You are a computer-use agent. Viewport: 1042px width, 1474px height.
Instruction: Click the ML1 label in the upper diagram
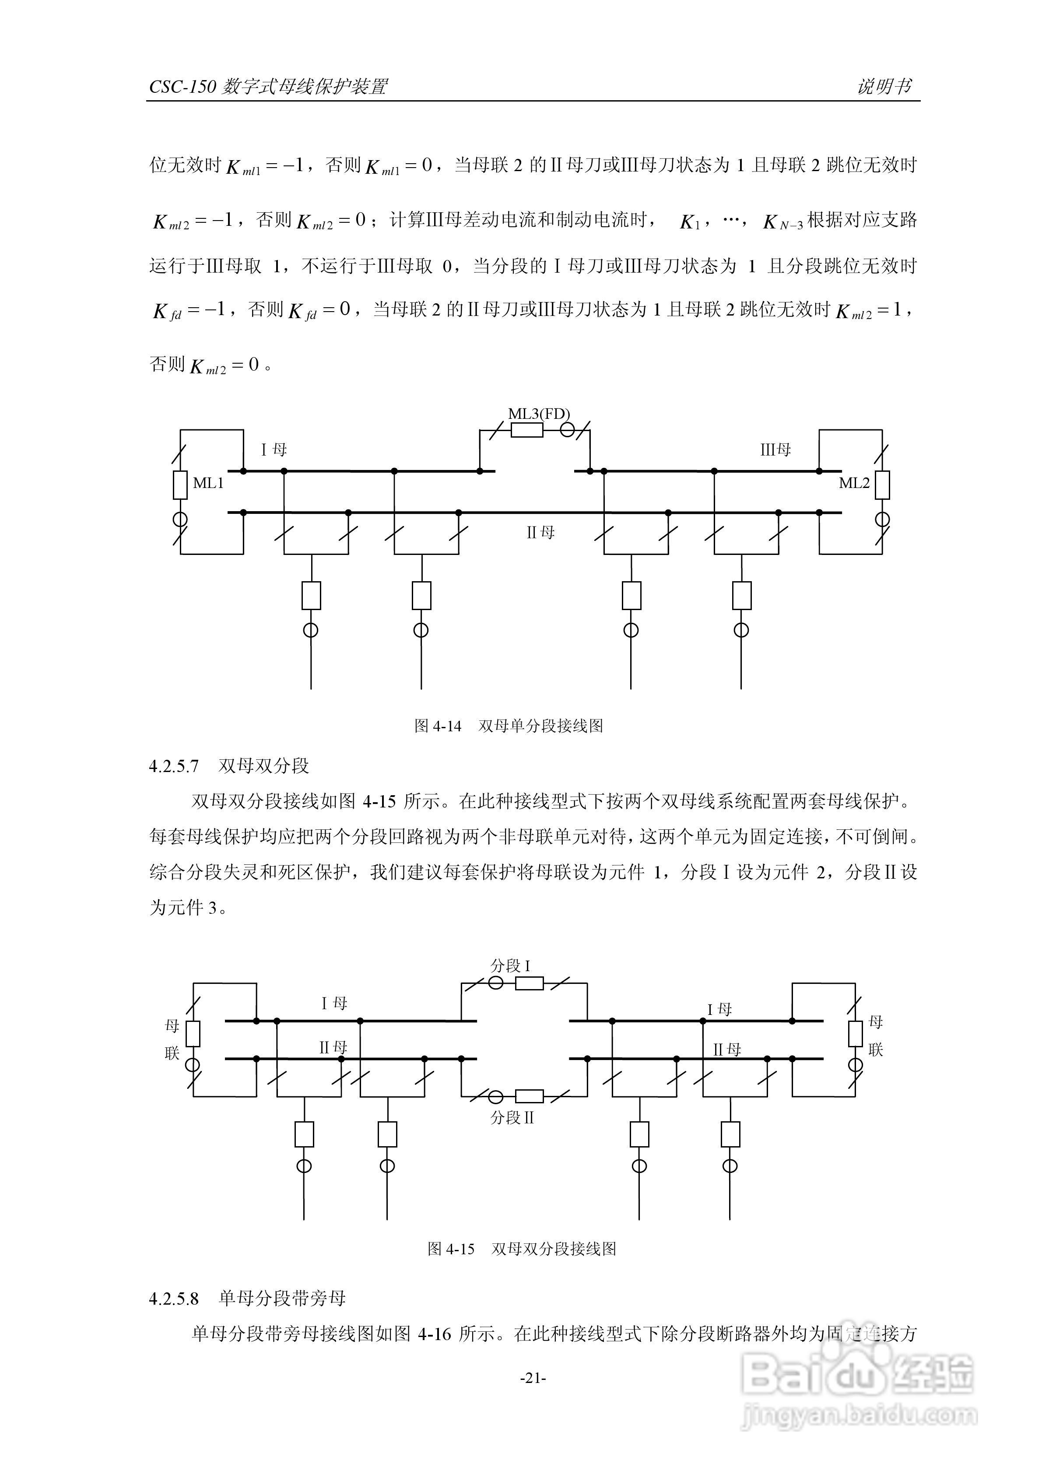[208, 483]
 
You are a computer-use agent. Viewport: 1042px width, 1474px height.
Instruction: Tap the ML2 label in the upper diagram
[854, 483]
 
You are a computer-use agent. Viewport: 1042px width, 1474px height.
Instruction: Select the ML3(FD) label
[539, 414]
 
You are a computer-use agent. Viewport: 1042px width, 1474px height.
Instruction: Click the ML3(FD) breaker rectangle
[526, 429]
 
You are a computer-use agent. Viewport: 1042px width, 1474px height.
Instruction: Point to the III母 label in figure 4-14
[775, 449]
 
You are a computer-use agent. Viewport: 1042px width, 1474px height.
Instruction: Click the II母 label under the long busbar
[540, 532]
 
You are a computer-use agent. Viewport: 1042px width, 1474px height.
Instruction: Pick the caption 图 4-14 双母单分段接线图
[509, 726]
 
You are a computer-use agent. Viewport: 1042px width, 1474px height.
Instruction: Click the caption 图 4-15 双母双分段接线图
[521, 1249]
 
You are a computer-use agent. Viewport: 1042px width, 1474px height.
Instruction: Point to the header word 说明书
[884, 86]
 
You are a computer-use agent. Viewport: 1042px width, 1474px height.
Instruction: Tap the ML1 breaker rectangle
[180, 485]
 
